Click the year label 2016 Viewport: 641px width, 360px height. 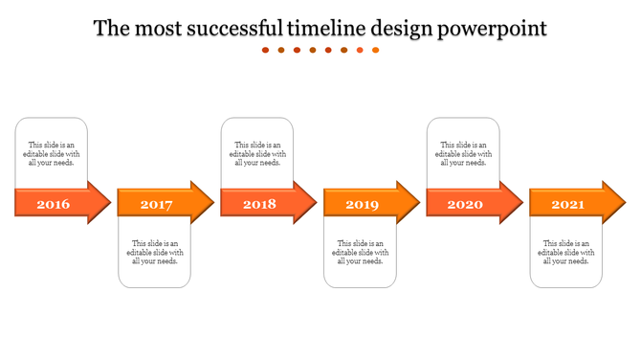[53, 204]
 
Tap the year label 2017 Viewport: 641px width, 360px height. [156, 204]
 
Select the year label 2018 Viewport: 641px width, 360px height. [259, 204]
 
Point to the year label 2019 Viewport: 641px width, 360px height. [362, 204]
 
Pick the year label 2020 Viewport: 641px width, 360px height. [465, 204]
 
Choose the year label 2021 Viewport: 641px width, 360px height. [567, 204]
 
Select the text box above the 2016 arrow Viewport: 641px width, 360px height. [52, 153]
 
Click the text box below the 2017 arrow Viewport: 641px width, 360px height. [155, 253]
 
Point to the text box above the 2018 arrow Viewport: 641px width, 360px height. [257, 153]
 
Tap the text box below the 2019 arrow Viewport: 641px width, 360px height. [361, 253]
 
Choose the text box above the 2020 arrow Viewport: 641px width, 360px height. [463, 153]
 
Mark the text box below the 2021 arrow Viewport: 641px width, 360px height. [566, 253]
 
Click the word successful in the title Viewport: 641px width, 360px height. [221, 29]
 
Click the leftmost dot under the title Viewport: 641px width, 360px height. [266, 50]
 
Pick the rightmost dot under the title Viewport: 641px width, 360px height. [375, 50]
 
